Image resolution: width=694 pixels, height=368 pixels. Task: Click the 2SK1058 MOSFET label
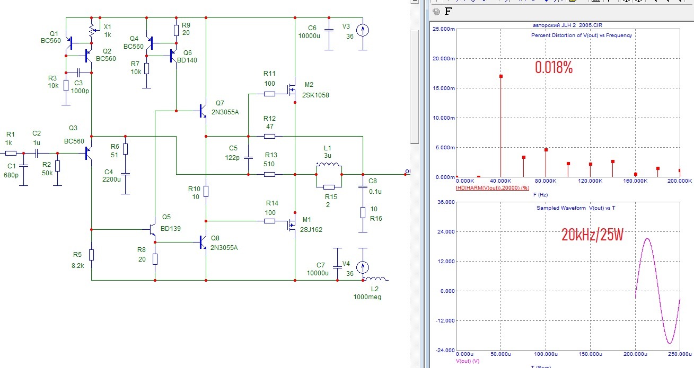tap(315, 95)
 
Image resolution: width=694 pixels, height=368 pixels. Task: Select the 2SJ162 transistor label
tap(311, 230)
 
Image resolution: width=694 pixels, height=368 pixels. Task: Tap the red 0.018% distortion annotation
tap(554, 67)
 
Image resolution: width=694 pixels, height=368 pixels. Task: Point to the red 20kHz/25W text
tap(592, 235)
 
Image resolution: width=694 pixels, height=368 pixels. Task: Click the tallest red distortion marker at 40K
tap(501, 76)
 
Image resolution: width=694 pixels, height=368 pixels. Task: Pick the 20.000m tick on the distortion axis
tap(444, 58)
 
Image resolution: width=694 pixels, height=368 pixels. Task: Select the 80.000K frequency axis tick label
tap(546, 181)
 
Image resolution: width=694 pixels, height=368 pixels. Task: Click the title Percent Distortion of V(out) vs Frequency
tap(582, 35)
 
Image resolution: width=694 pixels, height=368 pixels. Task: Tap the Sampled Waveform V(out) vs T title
tap(576, 208)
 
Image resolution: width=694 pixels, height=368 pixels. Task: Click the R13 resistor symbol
tap(269, 175)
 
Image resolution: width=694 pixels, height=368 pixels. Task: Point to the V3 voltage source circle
tap(363, 30)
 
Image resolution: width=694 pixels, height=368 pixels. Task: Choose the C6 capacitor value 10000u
tap(309, 36)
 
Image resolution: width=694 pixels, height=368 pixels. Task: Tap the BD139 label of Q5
tap(170, 229)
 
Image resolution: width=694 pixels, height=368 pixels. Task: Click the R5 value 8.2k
tap(77, 266)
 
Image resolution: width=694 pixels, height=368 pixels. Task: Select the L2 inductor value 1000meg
tap(367, 297)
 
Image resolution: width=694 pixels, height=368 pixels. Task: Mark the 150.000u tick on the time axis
tap(590, 354)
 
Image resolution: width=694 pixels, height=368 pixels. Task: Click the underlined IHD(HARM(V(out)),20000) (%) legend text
tap(493, 188)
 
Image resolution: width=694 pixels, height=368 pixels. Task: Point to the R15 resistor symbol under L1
tap(329, 187)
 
